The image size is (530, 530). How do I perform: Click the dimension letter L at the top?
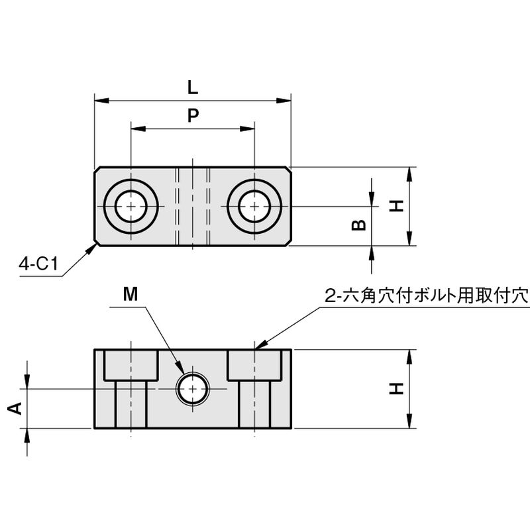(192, 87)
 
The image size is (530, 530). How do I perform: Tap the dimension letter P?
(192, 115)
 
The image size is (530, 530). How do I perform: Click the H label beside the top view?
(396, 206)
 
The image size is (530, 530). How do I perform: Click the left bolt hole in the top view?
(131, 206)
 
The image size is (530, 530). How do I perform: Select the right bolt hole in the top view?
(254, 206)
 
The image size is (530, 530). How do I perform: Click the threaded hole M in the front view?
(193, 389)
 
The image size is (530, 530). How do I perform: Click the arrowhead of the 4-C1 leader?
(93, 246)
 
